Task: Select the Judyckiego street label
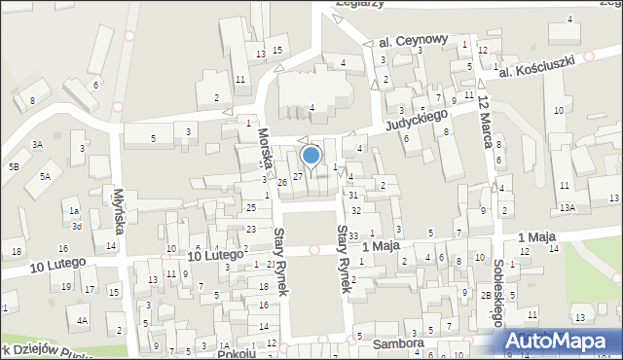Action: click(417, 121)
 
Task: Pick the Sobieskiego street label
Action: click(498, 292)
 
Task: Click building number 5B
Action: click(14, 166)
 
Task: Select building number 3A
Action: click(37, 144)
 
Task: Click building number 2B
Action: click(485, 294)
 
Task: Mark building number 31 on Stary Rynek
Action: click(353, 196)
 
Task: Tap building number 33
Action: click(354, 236)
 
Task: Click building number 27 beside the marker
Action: click(298, 176)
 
